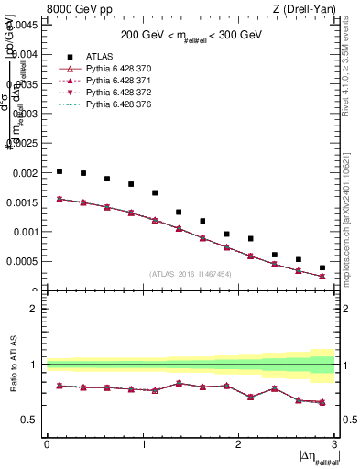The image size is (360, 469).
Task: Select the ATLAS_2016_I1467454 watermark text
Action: coord(191,274)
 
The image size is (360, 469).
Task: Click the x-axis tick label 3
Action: coord(335,444)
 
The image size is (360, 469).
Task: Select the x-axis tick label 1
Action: coord(143,444)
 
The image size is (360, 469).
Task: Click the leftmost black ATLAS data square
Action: coord(60,171)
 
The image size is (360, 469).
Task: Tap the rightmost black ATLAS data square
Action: coord(322,267)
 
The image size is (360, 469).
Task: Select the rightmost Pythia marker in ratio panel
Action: coord(322,402)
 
